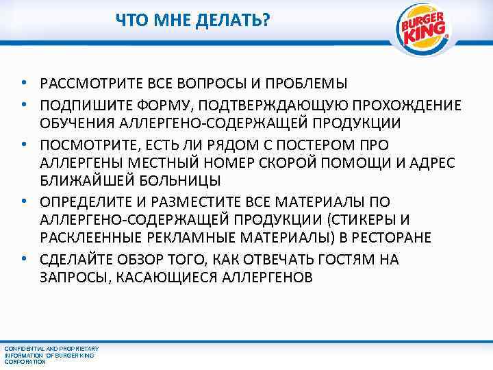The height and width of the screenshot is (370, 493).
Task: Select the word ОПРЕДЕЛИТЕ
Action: (88, 202)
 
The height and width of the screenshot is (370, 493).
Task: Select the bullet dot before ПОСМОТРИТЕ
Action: (24, 145)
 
